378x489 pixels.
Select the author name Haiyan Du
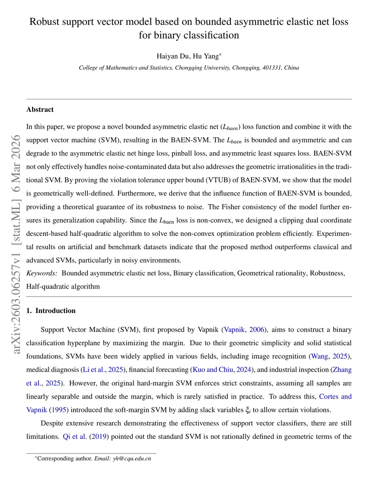173,56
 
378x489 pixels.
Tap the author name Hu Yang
206,56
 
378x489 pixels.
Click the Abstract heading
40,110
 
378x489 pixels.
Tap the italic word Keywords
41,273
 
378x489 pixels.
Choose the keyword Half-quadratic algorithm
63,286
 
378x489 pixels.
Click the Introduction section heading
55,311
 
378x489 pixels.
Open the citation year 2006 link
257,330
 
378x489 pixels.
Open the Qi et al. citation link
75,436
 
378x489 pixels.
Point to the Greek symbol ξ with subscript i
248,410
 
